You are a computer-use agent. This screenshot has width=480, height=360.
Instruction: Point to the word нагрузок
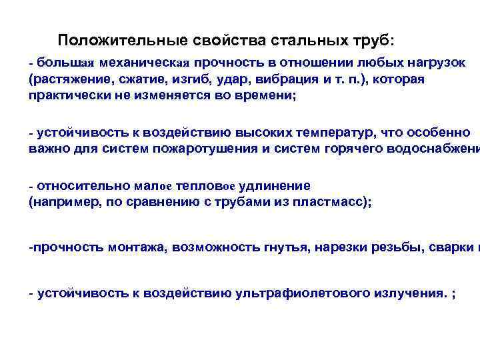436,63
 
